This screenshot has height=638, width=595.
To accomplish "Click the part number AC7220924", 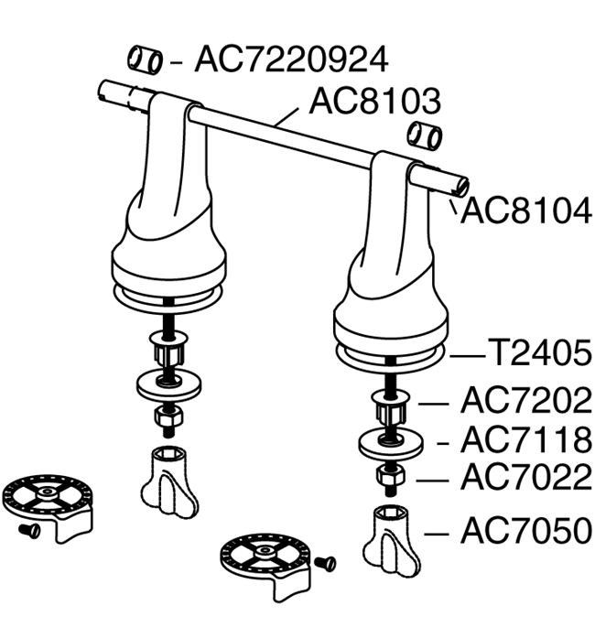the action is pyautogui.click(x=291, y=59).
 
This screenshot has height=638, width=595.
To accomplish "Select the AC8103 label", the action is pyautogui.click(x=374, y=101).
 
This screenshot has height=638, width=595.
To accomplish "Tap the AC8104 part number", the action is pyautogui.click(x=525, y=211).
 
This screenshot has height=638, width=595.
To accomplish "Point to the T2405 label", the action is pyautogui.click(x=539, y=353).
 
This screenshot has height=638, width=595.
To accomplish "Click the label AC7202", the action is pyautogui.click(x=525, y=400).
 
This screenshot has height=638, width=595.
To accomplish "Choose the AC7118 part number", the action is pyautogui.click(x=525, y=440).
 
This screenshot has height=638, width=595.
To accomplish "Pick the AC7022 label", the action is pyautogui.click(x=525, y=477).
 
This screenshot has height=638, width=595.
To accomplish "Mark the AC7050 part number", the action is pyautogui.click(x=525, y=530).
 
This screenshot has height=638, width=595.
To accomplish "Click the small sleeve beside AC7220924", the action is pyautogui.click(x=146, y=60).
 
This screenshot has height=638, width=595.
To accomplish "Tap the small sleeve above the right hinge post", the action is pyautogui.click(x=425, y=135).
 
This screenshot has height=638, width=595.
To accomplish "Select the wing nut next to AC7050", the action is pyautogui.click(x=391, y=542).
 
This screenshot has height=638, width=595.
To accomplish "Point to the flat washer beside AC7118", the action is pyautogui.click(x=391, y=442).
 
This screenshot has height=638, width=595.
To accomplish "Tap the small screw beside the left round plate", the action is pyautogui.click(x=29, y=530).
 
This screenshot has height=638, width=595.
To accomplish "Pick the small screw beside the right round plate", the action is pyautogui.click(x=325, y=564).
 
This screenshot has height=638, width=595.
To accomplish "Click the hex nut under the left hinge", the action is pyautogui.click(x=168, y=416).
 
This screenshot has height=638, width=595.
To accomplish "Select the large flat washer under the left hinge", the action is pyautogui.click(x=168, y=385).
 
